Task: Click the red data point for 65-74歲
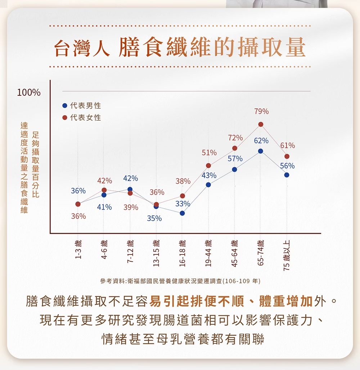(261, 124)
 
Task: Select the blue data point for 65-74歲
(261, 151)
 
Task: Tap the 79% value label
(261, 112)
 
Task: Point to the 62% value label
(261, 140)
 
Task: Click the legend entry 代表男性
(82, 106)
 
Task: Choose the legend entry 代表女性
(82, 118)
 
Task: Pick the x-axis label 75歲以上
(287, 254)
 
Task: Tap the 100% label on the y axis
(29, 92)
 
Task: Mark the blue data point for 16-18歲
(182, 213)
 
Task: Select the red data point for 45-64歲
(235, 148)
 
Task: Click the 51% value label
(209, 153)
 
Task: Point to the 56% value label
(287, 166)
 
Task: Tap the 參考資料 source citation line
(180, 281)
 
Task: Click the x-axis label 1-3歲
(78, 249)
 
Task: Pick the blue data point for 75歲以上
(287, 175)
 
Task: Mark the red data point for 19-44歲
(208, 166)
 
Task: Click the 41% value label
(104, 207)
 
